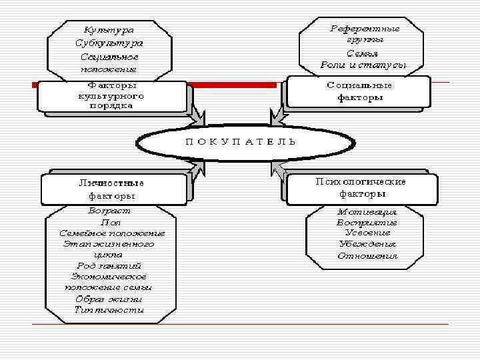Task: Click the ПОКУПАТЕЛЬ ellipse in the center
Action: coord(239,143)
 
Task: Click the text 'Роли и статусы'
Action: coord(363,65)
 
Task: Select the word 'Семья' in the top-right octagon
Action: coord(363,53)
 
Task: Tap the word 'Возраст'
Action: coord(110,210)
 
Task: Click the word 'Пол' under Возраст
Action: coord(110,221)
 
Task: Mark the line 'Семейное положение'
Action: coord(111,233)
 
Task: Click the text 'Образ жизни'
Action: coord(110,299)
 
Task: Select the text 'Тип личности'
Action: coord(110,310)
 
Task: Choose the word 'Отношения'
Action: coord(367,256)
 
